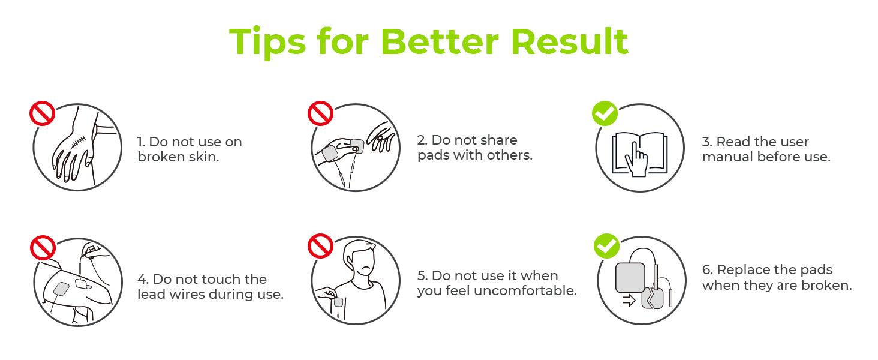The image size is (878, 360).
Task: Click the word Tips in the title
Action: (x=267, y=43)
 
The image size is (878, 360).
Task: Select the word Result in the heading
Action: (x=570, y=41)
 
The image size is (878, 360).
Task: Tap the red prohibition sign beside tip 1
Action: (x=43, y=113)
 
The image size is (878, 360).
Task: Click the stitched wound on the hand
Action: (x=79, y=142)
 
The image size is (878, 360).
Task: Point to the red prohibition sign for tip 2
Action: (x=321, y=113)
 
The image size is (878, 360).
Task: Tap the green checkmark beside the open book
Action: (x=605, y=113)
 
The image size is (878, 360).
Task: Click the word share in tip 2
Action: (x=499, y=140)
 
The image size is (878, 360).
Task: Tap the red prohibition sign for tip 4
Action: (x=43, y=247)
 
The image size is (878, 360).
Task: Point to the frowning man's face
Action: (x=363, y=262)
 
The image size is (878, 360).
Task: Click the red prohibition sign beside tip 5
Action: (x=321, y=246)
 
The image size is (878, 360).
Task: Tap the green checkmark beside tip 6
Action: (x=606, y=246)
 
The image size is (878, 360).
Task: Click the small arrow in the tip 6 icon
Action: (x=629, y=301)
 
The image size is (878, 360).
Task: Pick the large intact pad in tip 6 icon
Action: (x=630, y=278)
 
